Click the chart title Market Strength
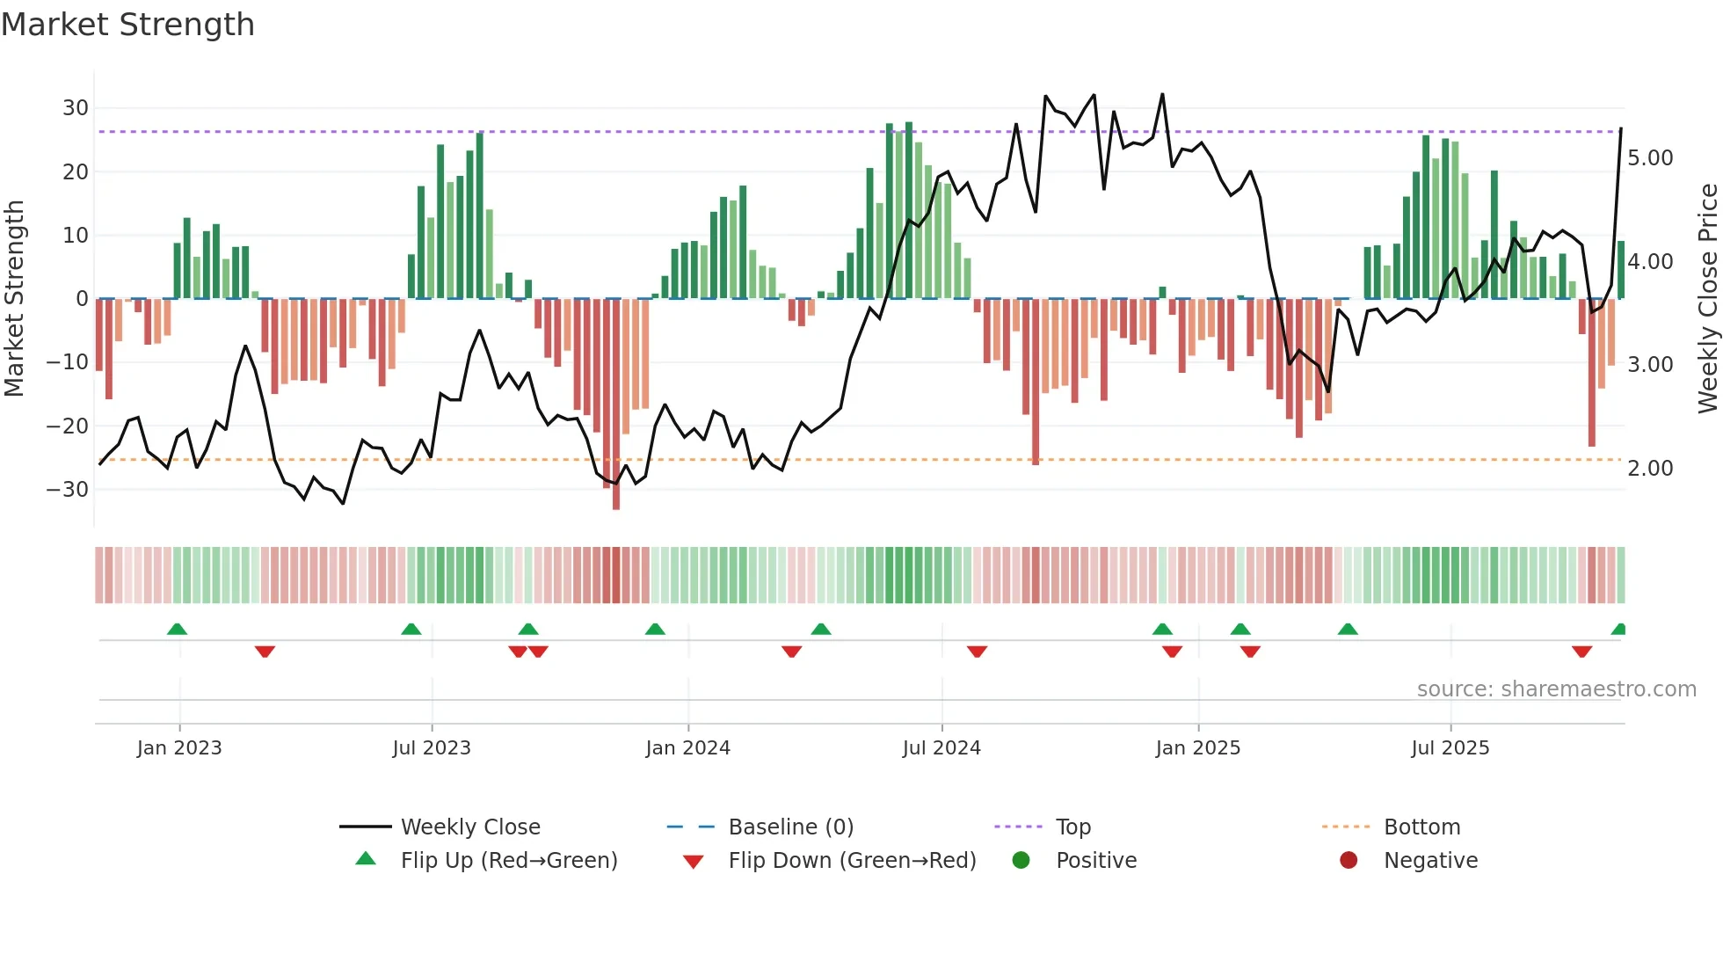tap(128, 25)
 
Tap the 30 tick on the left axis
tap(75, 108)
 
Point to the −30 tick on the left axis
tap(68, 490)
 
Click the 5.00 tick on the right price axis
tap(1650, 158)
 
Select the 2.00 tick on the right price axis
tap(1650, 469)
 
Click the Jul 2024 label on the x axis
tap(941, 748)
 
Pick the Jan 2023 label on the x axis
tap(179, 748)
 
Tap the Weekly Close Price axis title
tap(1707, 299)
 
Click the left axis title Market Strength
tap(14, 299)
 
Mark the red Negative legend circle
tap(1349, 861)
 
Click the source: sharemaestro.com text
tap(1556, 689)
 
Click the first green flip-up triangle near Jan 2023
tap(177, 630)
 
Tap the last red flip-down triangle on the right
tap(1581, 652)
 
